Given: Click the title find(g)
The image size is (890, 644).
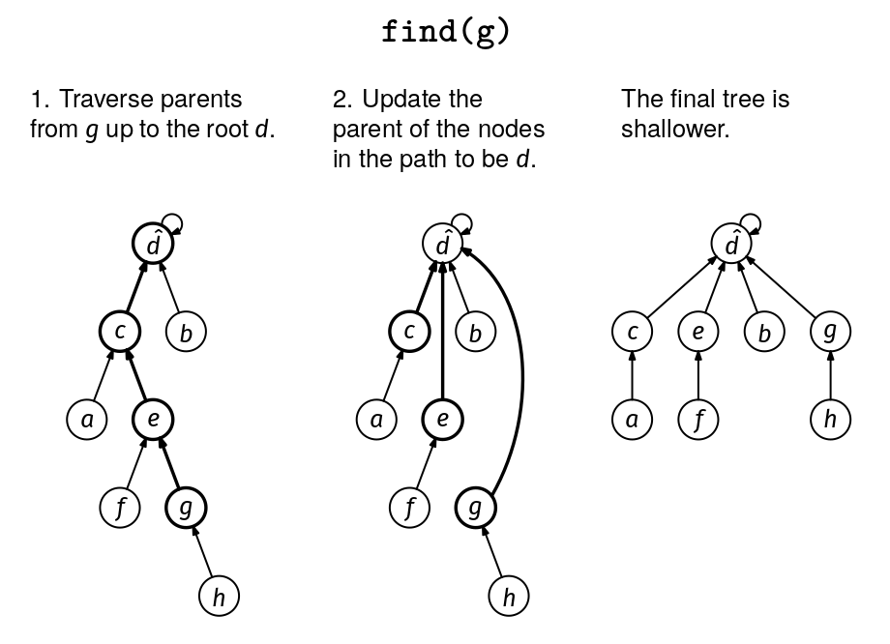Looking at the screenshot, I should click(x=445, y=32).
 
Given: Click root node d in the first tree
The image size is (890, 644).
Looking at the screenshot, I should click(x=153, y=244).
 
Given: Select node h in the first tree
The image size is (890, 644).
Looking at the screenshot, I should click(x=219, y=597).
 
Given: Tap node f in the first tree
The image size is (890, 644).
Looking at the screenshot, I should click(x=121, y=507).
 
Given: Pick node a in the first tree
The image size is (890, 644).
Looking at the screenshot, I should click(x=87, y=420).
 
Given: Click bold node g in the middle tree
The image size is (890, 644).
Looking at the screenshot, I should click(x=475, y=507).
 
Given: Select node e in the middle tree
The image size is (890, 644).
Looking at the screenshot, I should click(x=442, y=419).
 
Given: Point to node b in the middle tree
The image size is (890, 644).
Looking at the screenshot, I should click(x=475, y=332).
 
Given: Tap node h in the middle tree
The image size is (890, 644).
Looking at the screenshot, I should click(x=509, y=597).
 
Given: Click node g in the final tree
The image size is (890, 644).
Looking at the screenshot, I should click(x=830, y=332).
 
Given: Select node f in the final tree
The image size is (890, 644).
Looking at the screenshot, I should click(x=697, y=420).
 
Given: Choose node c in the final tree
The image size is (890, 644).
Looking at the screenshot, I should click(x=632, y=332).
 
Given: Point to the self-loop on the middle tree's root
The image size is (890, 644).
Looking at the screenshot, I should click(x=462, y=222).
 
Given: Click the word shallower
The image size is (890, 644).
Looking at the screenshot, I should click(x=674, y=129).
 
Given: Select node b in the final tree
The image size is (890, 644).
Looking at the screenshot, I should click(x=764, y=332).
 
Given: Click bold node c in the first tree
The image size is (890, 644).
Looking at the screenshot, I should click(x=120, y=332).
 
